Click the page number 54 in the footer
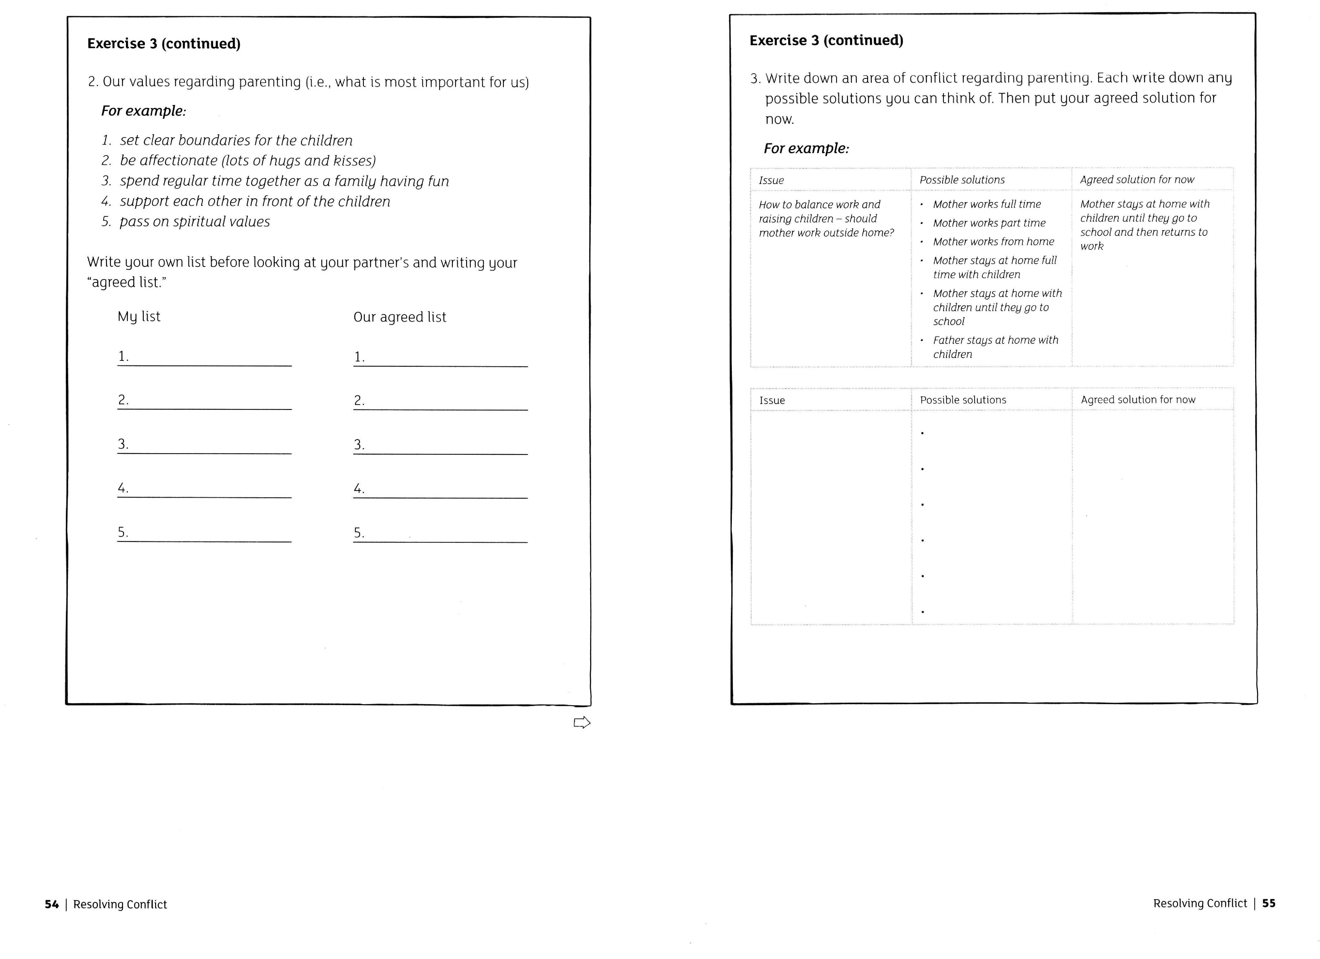pyautogui.click(x=52, y=904)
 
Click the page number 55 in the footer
pyautogui.click(x=1269, y=903)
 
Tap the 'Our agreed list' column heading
pyautogui.click(x=400, y=317)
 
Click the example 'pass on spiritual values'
pyautogui.click(x=194, y=222)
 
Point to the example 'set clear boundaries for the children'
pyautogui.click(x=236, y=140)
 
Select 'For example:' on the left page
pyautogui.click(x=144, y=111)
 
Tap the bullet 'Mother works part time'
pyautogui.click(x=989, y=223)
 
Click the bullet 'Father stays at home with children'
pyautogui.click(x=995, y=347)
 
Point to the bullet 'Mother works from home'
pyautogui.click(x=993, y=242)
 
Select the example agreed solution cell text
pyautogui.click(x=1144, y=225)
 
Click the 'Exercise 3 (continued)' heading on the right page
pyautogui.click(x=826, y=40)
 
